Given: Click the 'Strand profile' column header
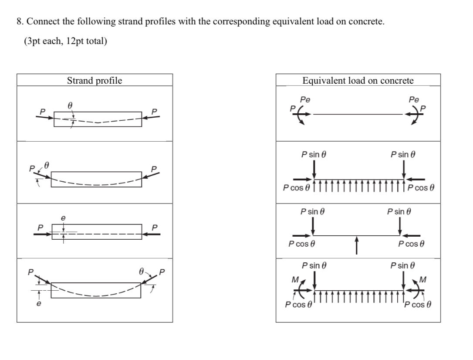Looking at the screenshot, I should (x=95, y=81).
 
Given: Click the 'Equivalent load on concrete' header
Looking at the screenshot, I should (x=358, y=81).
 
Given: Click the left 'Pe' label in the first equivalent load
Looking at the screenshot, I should (x=306, y=100).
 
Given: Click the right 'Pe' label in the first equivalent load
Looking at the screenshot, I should (x=414, y=100).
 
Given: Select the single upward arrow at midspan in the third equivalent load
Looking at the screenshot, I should (x=357, y=244).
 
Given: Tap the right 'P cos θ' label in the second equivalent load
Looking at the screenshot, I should (x=422, y=188).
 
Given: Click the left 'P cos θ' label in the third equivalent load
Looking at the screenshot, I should (x=301, y=244).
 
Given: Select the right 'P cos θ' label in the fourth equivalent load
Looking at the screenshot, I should (x=419, y=304).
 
